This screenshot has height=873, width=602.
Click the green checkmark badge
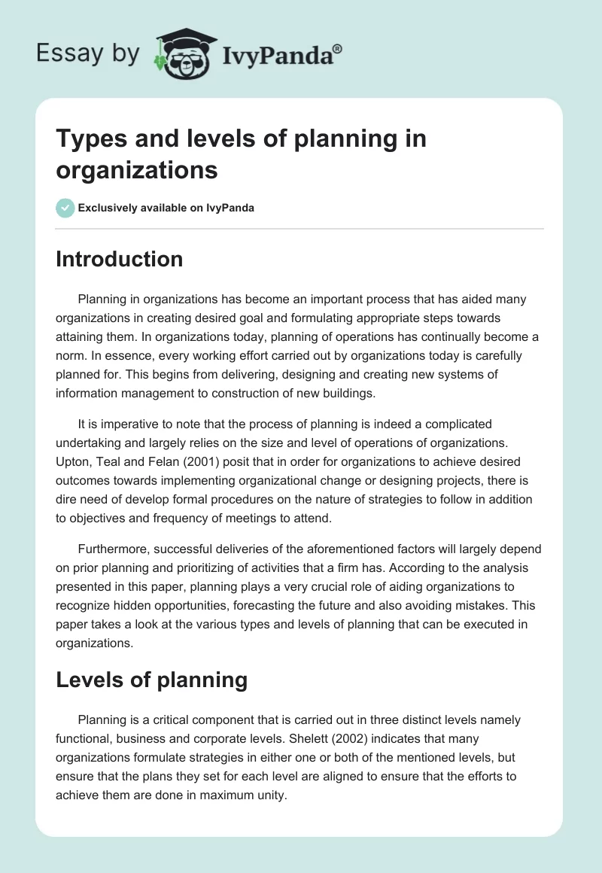coord(65,208)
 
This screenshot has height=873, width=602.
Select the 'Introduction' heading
coord(120,259)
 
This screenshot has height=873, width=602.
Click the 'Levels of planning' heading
coord(152,680)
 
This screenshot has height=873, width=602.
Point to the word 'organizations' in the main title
coord(137,169)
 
